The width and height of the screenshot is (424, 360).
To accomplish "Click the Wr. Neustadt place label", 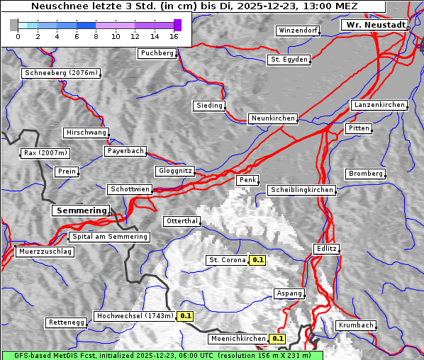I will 375,25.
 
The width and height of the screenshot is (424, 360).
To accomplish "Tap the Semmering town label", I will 81,210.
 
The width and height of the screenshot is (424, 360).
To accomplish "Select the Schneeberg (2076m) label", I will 61,73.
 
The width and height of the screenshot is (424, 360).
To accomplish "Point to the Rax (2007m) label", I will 45,153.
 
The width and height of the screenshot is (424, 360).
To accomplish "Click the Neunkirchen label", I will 273,118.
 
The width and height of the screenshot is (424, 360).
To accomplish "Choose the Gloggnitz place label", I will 174,171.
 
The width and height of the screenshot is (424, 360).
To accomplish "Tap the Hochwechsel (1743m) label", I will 135,316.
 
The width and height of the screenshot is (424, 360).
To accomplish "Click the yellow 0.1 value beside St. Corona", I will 257,260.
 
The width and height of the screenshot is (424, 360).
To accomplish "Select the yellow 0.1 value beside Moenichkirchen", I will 277,339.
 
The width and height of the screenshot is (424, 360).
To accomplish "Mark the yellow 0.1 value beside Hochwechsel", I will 185,316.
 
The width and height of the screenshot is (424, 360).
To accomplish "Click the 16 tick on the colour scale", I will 174,36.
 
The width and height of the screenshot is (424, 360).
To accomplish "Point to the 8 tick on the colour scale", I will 96,36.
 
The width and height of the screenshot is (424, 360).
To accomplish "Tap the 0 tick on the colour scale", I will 18,36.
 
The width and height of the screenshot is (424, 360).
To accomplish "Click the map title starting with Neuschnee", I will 194,6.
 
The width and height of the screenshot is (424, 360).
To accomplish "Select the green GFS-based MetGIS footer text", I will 162,355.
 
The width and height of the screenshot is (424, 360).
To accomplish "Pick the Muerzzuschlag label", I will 45,252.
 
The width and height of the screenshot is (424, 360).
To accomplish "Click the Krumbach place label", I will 355,325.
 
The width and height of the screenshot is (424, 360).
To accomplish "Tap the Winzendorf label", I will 298,30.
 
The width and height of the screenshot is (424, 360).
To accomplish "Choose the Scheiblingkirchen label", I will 301,190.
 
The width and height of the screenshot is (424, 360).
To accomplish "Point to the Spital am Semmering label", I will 109,237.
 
